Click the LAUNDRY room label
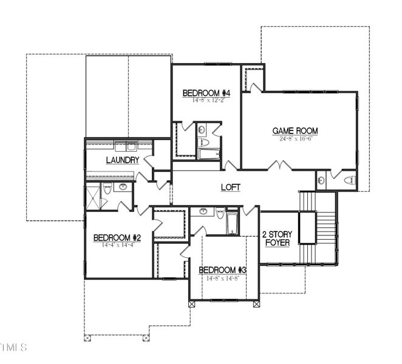point(123,160)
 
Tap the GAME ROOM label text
point(295,130)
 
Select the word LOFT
point(230,188)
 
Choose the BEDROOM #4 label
point(206,93)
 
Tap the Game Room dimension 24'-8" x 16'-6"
point(295,139)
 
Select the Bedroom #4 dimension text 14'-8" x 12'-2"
point(206,100)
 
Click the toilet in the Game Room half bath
point(349,180)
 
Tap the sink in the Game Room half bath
point(321,180)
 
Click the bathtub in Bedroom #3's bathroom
point(232,223)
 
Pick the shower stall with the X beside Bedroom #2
point(92,195)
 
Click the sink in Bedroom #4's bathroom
point(201,129)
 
